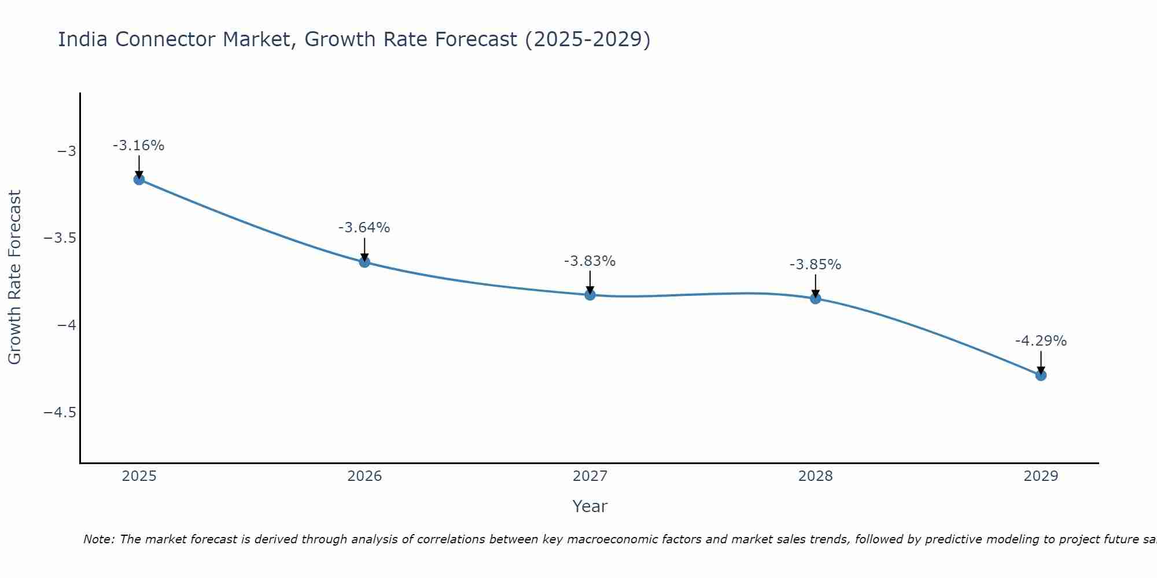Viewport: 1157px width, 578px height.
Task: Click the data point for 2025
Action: pos(139,179)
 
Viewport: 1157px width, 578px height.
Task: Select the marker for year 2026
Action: pos(364,262)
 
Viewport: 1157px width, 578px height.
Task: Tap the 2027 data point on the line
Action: pos(590,295)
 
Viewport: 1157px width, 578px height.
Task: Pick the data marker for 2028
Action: pos(816,298)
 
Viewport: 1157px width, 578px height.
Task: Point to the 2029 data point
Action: pos(1041,375)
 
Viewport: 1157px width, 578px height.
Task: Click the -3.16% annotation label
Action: pos(138,146)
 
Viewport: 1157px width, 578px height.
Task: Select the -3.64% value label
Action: pos(364,228)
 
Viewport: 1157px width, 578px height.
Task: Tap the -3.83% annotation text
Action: pos(589,261)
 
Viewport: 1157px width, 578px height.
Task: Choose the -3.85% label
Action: pos(815,265)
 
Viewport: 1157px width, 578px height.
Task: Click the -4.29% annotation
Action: pos(1041,341)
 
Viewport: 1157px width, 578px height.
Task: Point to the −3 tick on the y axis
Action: pos(67,151)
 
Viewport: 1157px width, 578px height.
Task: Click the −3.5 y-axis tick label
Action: pos(60,238)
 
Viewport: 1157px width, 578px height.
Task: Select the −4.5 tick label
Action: pos(60,413)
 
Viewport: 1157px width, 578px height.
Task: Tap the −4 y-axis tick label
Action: pos(67,325)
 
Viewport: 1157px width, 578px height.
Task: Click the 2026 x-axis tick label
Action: pos(364,476)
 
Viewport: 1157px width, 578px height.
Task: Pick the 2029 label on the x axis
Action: pos(1041,476)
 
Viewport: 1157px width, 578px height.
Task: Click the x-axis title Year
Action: pos(589,506)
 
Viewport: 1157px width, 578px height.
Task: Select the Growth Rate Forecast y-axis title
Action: pos(14,277)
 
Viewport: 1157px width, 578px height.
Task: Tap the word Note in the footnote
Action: pos(98,539)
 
